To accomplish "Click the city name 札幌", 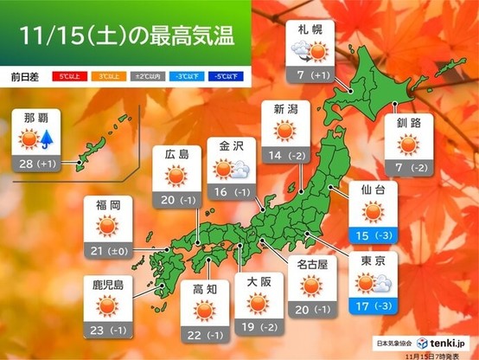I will pos(310,30).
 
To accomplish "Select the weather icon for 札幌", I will pos(310,54).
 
